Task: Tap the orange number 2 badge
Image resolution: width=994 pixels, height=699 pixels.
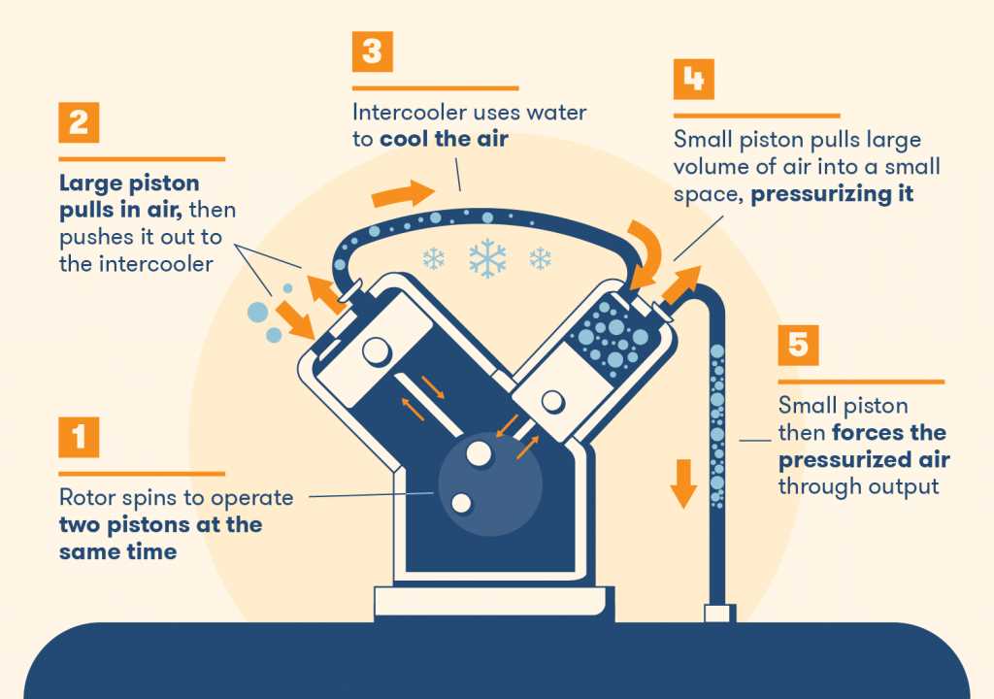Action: point(79,123)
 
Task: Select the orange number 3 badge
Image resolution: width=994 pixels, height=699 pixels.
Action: point(373,51)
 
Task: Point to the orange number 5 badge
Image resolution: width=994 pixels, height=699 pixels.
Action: point(798,345)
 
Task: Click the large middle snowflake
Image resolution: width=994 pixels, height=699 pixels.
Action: point(486,258)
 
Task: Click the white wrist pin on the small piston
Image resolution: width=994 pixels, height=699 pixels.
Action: point(553,400)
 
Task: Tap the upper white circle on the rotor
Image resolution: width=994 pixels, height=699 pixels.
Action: point(478,452)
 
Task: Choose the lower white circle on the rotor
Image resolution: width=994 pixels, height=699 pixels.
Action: point(461,502)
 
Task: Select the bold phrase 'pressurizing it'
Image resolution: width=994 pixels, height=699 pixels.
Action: point(832,193)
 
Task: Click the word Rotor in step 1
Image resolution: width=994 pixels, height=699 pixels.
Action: point(85,498)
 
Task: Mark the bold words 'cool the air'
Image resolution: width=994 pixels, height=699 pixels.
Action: point(444,139)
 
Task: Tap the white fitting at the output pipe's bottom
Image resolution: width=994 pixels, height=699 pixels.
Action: point(719,614)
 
